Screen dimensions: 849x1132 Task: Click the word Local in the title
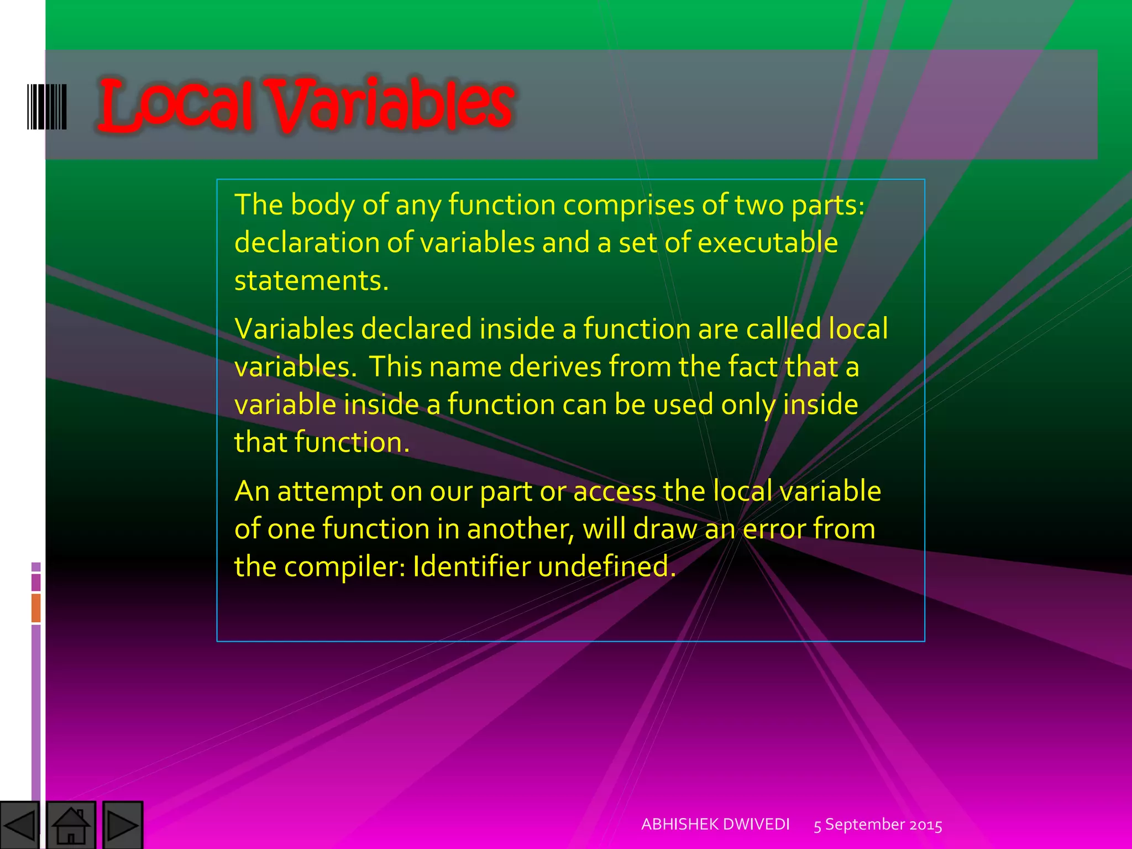click(x=176, y=105)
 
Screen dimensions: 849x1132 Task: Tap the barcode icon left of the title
click(x=47, y=107)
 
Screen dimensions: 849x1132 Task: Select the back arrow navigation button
click(x=20, y=825)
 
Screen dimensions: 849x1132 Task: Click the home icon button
click(x=71, y=825)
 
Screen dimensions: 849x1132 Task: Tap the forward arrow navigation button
click(x=123, y=825)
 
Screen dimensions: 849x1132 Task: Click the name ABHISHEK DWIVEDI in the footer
click(x=715, y=824)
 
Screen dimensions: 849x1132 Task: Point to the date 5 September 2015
click(x=878, y=825)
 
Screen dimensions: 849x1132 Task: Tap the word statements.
click(x=311, y=281)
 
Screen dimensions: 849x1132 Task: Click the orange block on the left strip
click(x=36, y=607)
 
